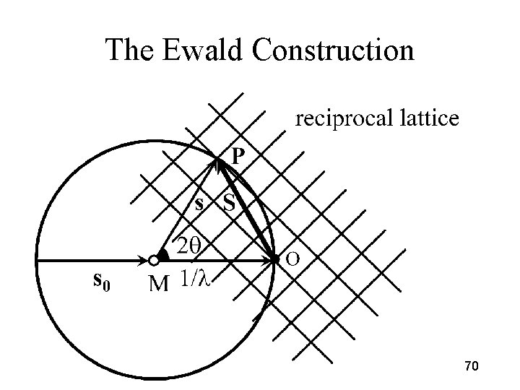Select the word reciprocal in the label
(x=342, y=118)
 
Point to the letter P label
(x=238, y=155)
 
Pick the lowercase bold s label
(x=200, y=203)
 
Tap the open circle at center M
(x=153, y=260)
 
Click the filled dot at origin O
(x=275, y=259)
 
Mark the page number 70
(x=472, y=368)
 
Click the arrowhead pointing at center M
(x=142, y=260)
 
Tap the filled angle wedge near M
(x=165, y=254)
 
